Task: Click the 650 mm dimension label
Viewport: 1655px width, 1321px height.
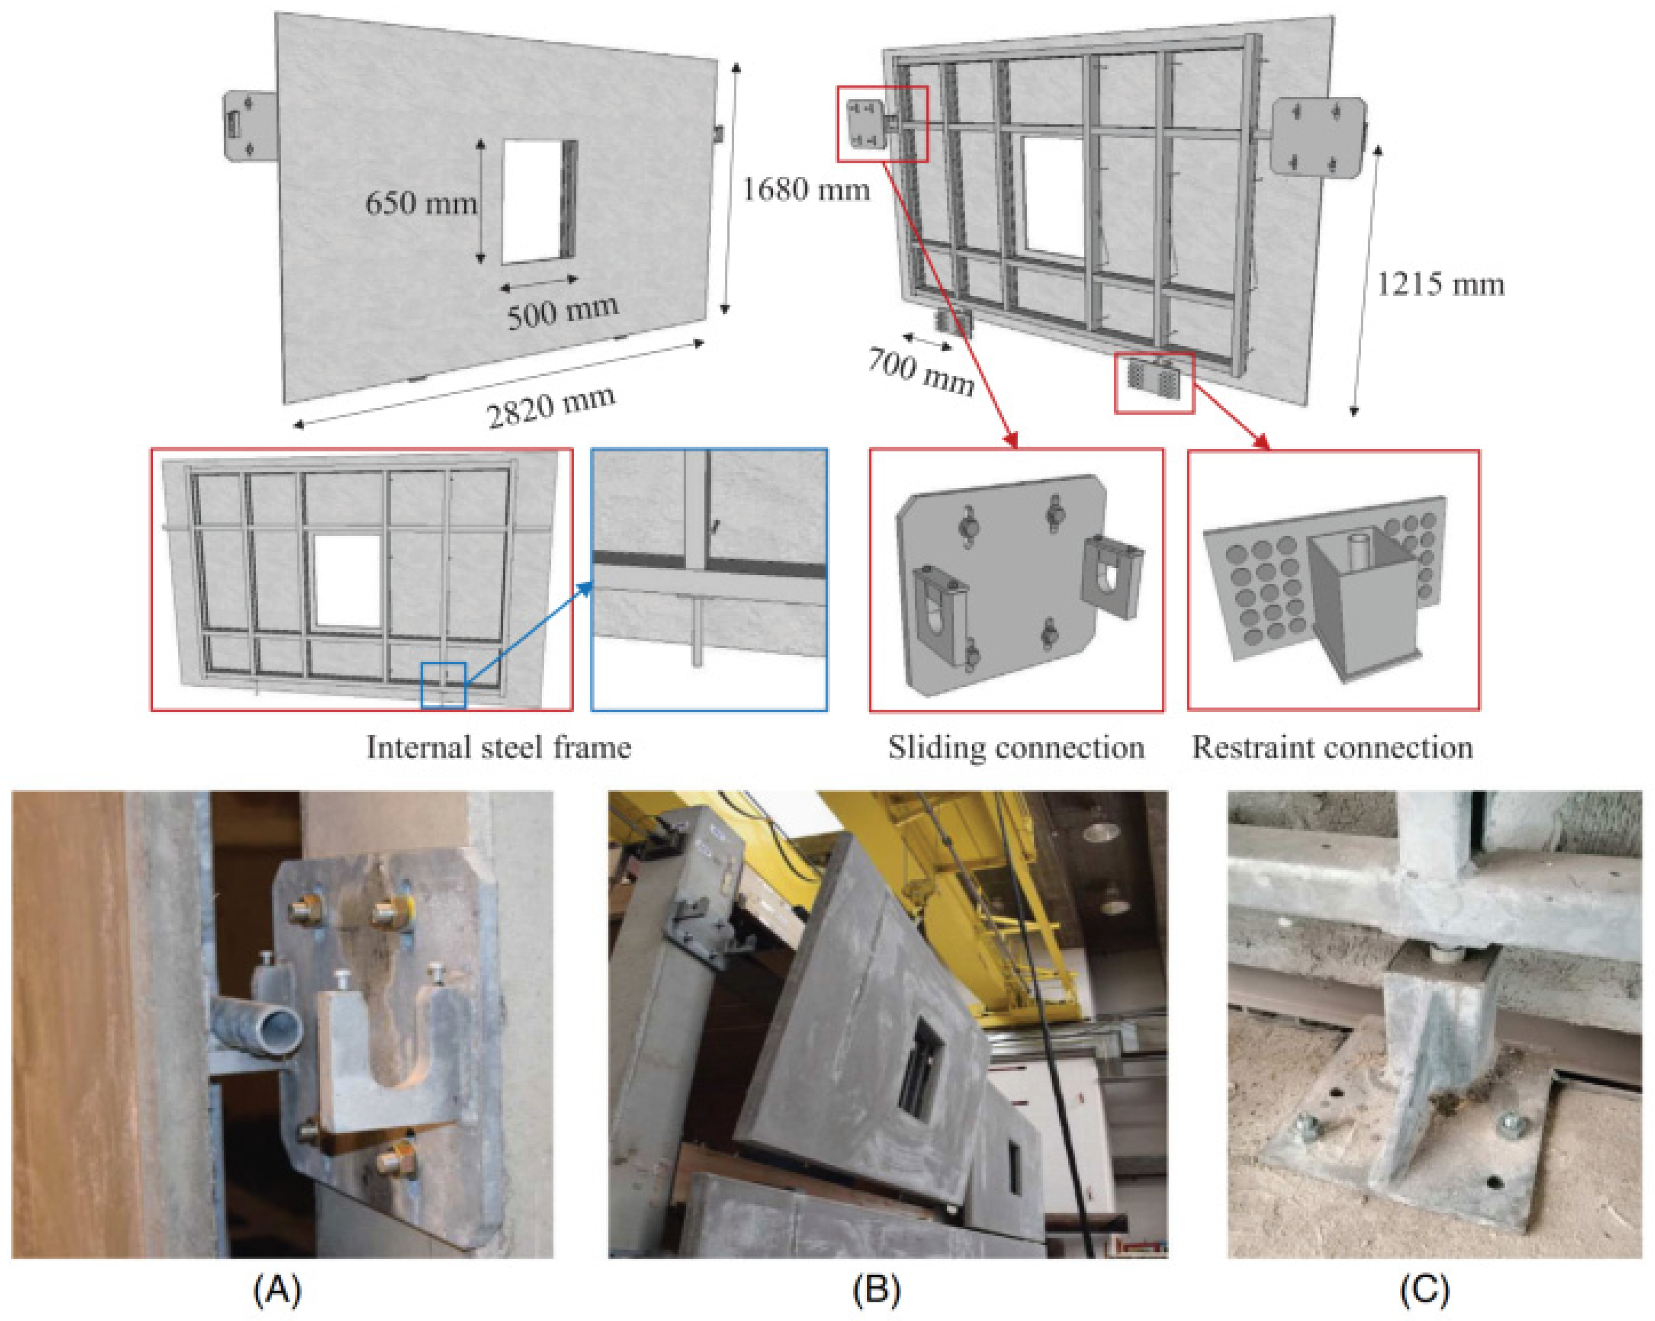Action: click(x=421, y=203)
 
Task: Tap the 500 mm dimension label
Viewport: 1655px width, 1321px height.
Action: click(x=562, y=311)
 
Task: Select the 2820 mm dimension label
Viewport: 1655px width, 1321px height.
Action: click(x=551, y=406)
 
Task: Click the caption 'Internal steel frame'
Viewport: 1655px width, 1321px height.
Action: click(x=499, y=747)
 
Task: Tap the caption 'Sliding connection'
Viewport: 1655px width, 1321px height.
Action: click(x=1016, y=747)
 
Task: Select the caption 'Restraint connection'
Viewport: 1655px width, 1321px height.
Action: click(x=1332, y=747)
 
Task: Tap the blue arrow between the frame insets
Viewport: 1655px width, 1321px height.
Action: click(x=529, y=632)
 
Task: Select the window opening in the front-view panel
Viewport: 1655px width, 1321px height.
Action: click(x=534, y=201)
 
